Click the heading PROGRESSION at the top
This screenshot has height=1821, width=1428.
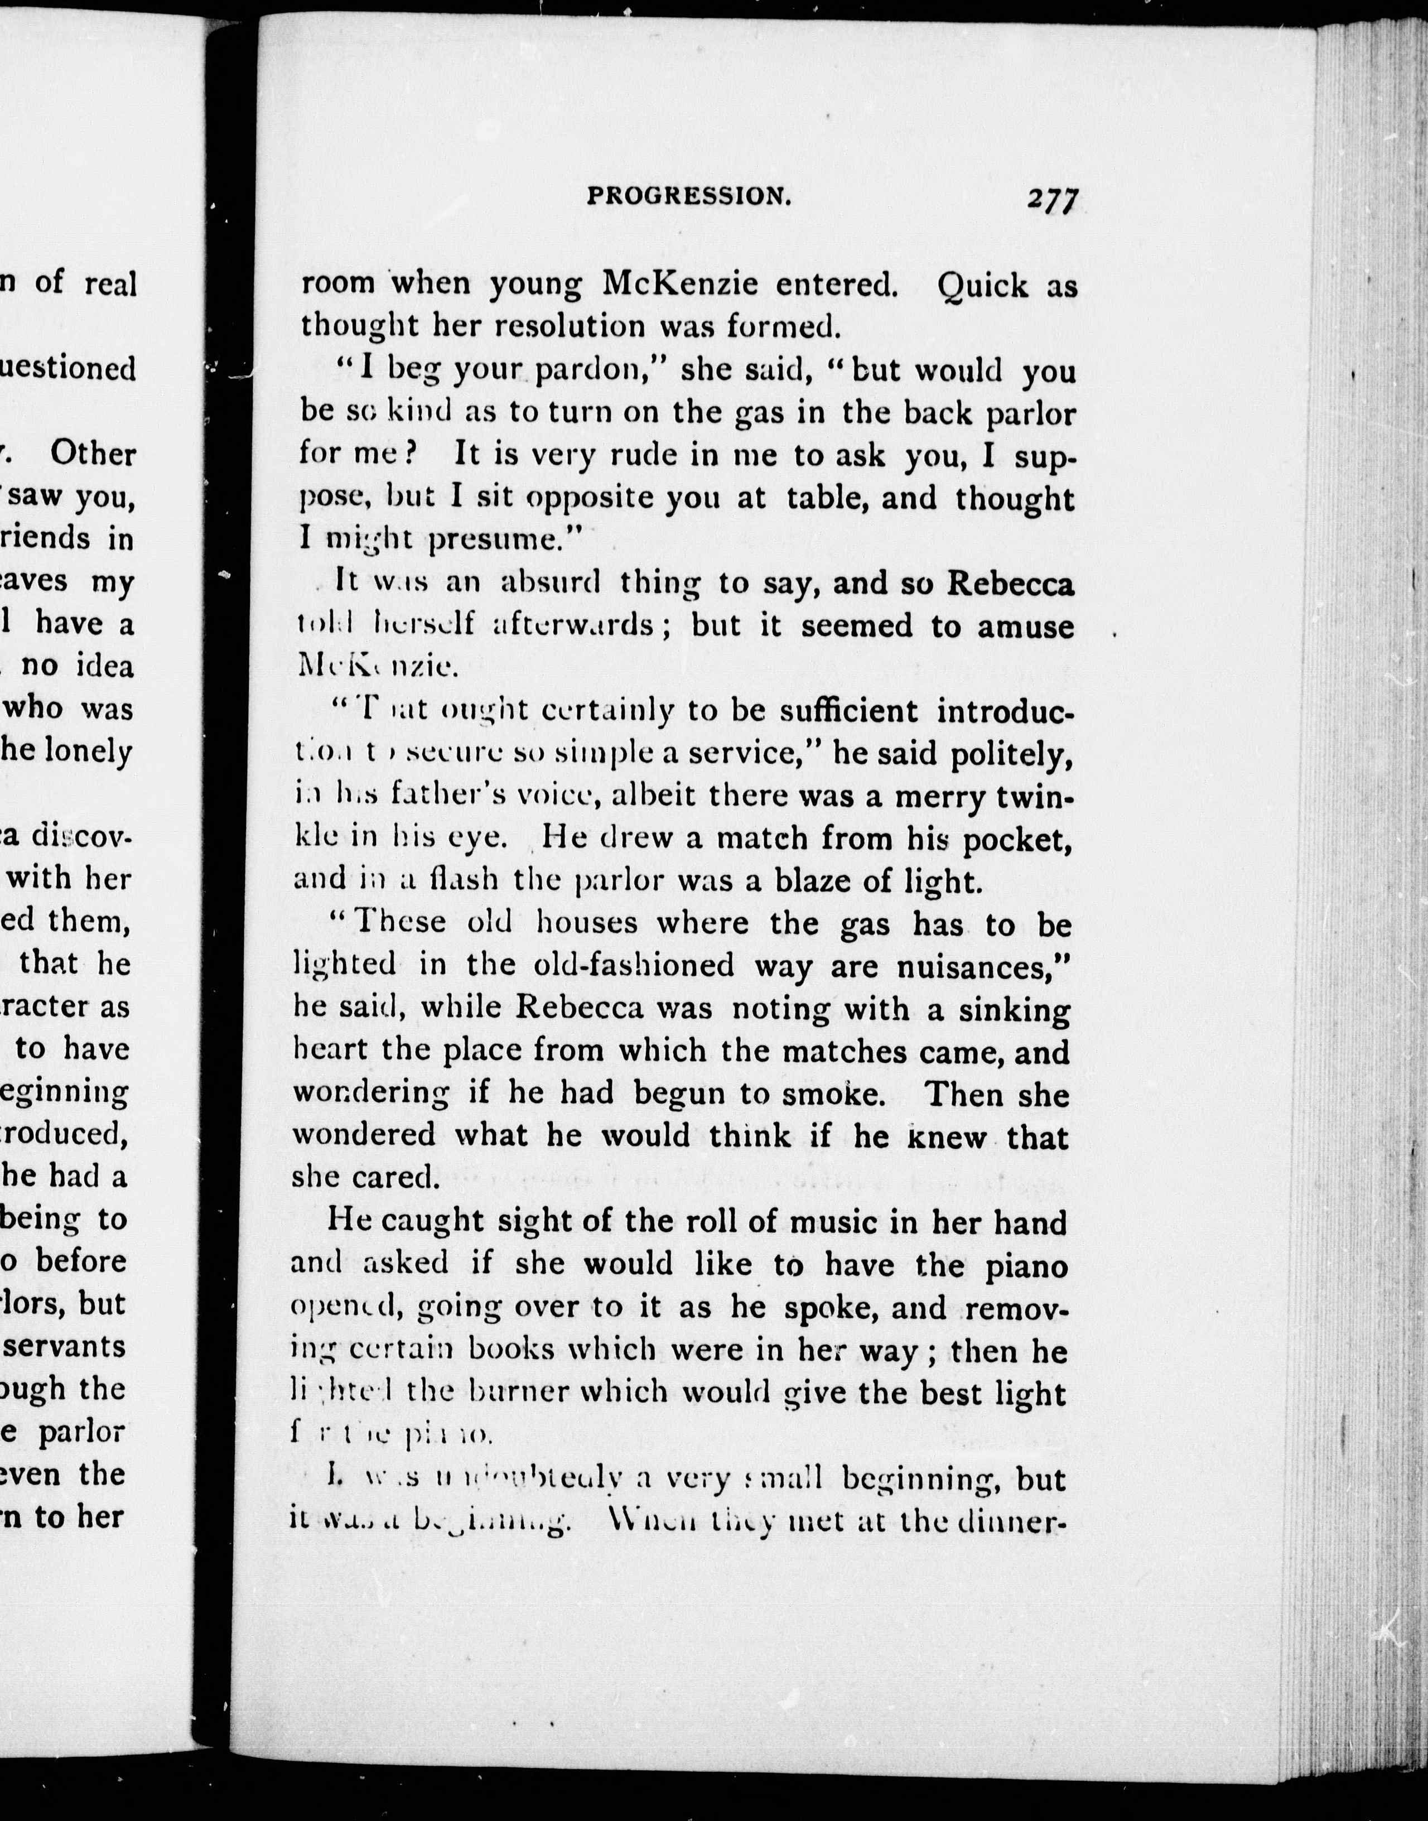point(689,196)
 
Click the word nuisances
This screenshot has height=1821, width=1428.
point(982,966)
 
